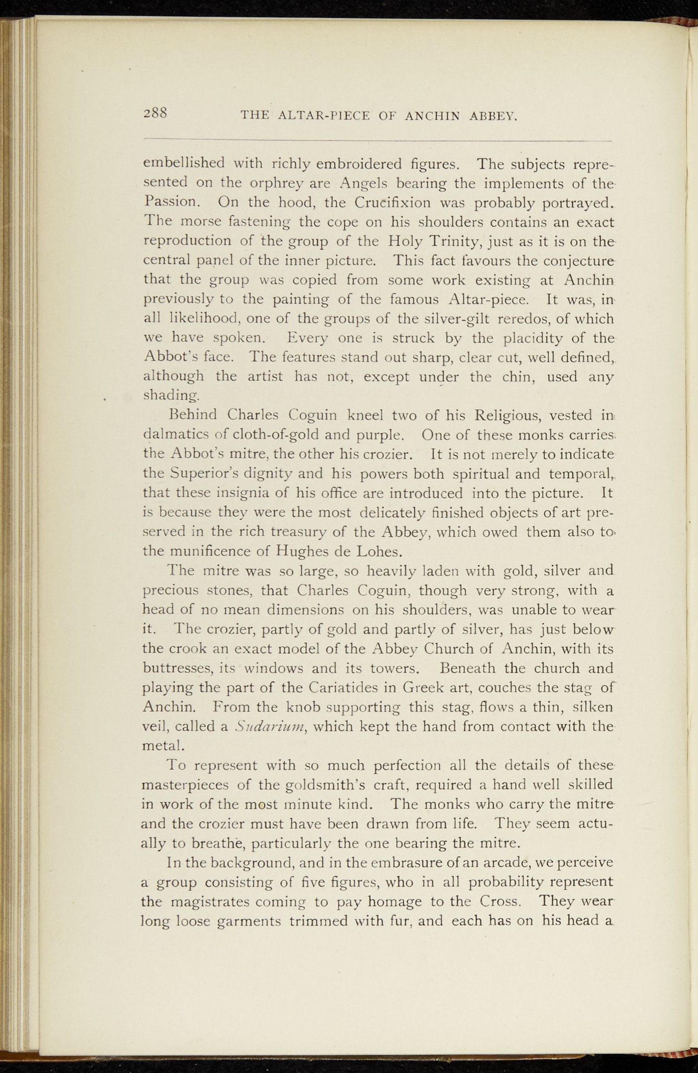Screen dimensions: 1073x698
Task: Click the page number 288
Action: tap(156, 113)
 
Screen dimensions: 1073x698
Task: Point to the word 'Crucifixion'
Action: tap(395, 202)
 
